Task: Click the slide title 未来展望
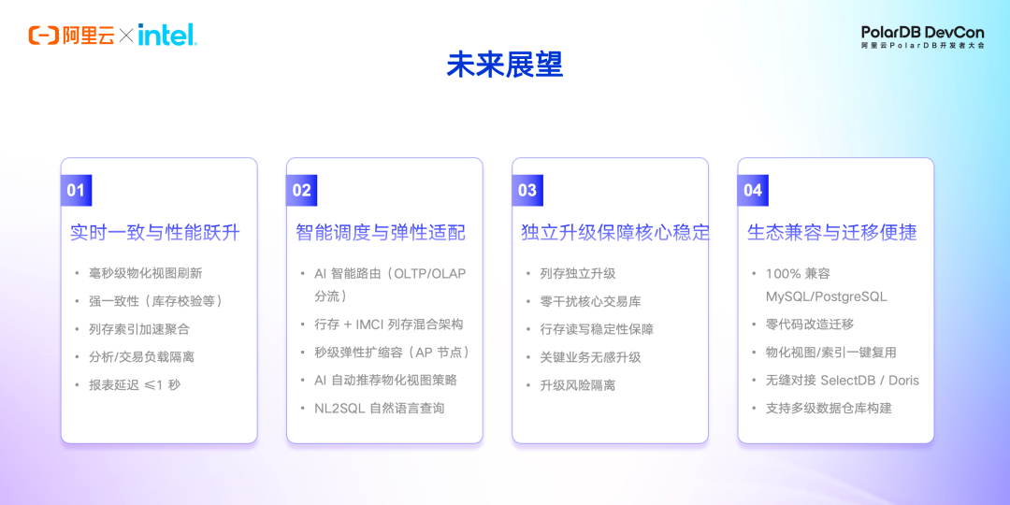coord(505,65)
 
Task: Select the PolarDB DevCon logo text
coord(922,36)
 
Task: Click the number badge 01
coord(76,190)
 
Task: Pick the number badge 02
coord(301,190)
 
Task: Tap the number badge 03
coord(527,190)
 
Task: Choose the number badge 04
coord(753,190)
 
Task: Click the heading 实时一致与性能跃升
coord(155,233)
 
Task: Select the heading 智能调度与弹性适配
coord(381,233)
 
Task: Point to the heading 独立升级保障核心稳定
coord(614,233)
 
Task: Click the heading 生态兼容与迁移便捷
coord(831,233)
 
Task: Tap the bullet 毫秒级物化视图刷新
coord(146,273)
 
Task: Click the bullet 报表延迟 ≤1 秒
coord(136,385)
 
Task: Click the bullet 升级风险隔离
coord(578,385)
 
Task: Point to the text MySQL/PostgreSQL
coord(827,297)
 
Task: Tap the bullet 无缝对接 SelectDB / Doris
coord(843,380)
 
